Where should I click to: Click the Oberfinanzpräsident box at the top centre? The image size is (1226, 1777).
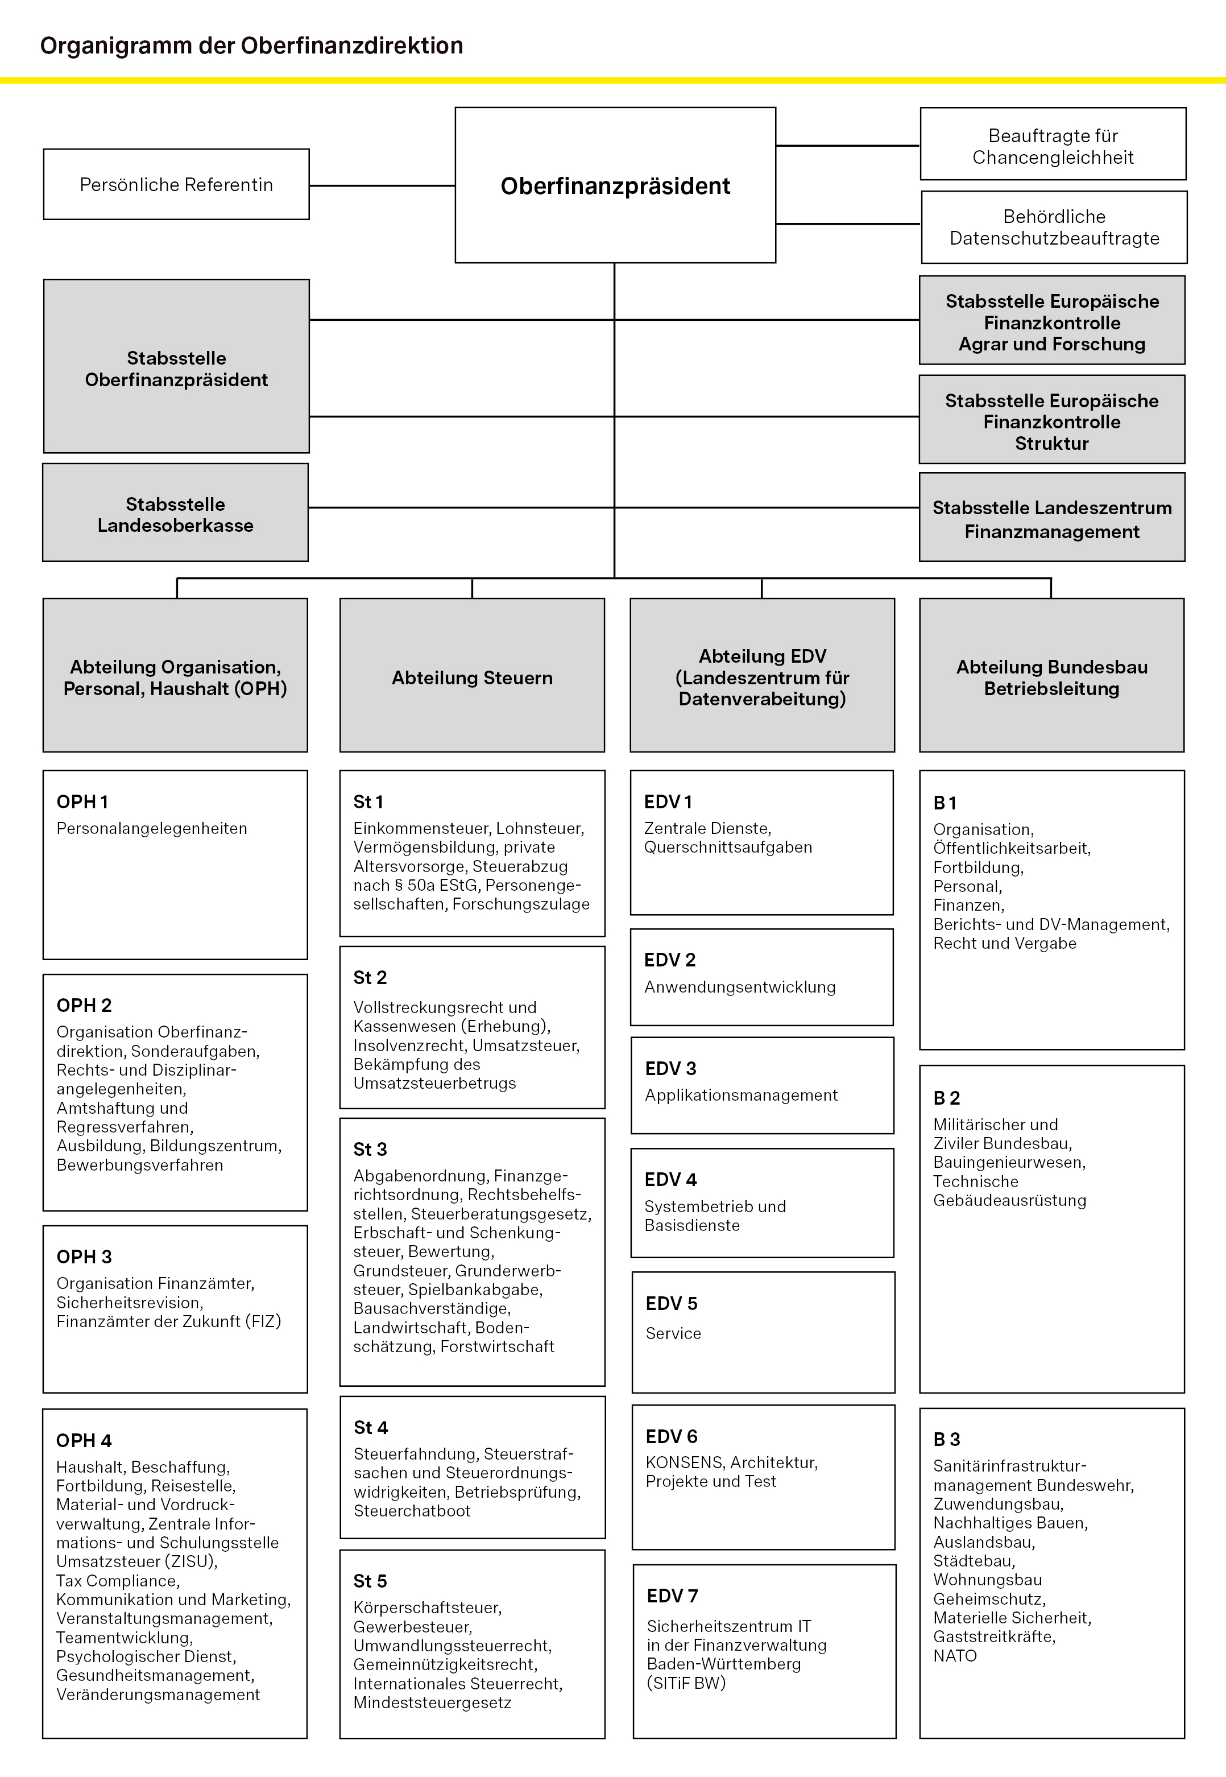click(615, 185)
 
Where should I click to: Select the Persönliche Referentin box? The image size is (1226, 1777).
click(176, 184)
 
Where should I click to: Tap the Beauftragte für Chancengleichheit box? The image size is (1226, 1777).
click(1053, 146)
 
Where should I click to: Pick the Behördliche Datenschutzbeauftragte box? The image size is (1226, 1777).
click(1054, 228)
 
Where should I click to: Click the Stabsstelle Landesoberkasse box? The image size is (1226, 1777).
click(175, 515)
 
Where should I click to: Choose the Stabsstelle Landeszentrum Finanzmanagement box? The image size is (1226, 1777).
click(1051, 519)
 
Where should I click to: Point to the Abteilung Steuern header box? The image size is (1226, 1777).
click(471, 677)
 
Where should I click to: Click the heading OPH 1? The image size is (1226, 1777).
click(82, 802)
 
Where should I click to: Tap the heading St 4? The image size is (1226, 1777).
click(371, 1427)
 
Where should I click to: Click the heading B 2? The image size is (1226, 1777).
click(946, 1098)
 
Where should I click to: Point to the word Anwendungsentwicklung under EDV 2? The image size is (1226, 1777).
click(740, 987)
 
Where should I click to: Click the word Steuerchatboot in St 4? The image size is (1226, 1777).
click(412, 1510)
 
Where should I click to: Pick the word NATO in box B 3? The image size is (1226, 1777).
click(955, 1656)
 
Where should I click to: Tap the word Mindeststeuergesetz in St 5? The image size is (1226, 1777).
click(432, 1702)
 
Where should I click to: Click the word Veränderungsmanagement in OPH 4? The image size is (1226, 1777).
click(158, 1694)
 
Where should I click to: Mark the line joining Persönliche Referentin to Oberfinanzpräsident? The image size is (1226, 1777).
click(382, 185)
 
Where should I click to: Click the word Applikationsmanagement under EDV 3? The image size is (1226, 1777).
click(742, 1095)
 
